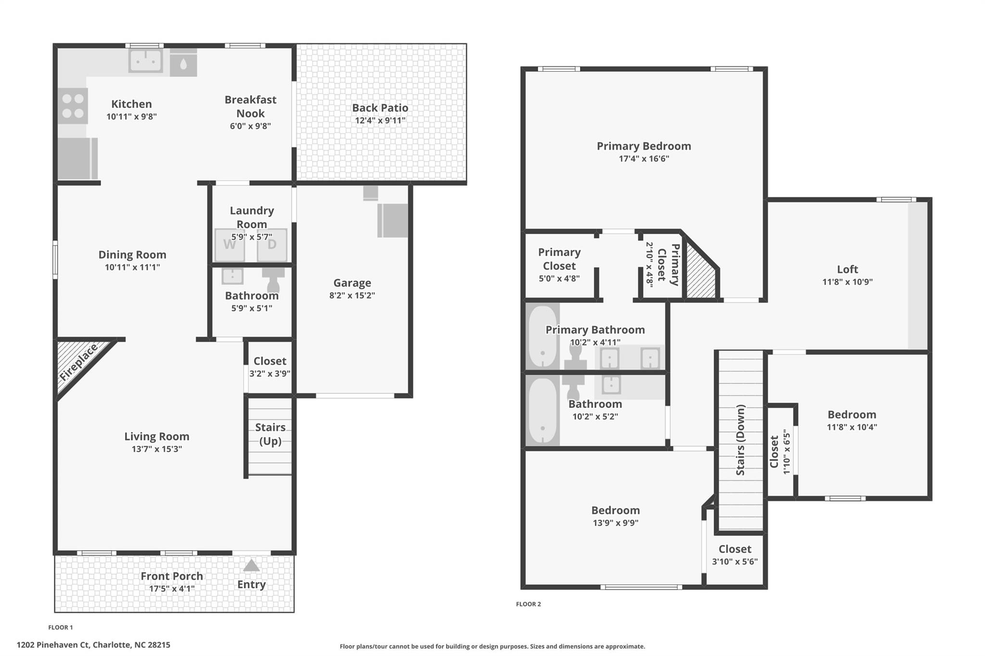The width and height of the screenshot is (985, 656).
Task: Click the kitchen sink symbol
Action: click(145, 61)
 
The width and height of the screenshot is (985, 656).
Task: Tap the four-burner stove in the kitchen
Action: click(73, 106)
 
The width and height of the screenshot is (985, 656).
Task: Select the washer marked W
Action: click(230, 245)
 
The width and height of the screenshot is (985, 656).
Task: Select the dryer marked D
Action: click(272, 245)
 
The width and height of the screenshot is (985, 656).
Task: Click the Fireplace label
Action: click(78, 361)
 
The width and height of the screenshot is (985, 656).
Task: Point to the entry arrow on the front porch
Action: click(251, 565)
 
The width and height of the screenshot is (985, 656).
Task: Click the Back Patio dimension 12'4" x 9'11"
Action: click(380, 120)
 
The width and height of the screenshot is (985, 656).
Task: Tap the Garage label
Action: click(352, 283)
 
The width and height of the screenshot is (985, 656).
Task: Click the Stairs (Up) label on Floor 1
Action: click(270, 434)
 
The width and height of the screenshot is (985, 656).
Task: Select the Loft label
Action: click(847, 269)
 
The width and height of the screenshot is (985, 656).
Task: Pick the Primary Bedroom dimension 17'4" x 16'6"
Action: click(644, 159)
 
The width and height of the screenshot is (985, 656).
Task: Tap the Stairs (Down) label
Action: click(741, 440)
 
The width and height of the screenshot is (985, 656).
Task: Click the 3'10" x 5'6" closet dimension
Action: click(735, 561)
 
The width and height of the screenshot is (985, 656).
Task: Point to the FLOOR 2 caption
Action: click(529, 604)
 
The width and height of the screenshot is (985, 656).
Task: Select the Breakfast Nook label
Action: click(251, 106)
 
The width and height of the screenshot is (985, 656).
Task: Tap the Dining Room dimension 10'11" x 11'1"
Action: click(132, 267)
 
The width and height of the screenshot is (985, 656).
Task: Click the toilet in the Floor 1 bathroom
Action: click(273, 279)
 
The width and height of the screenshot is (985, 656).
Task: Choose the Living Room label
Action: click(157, 436)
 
